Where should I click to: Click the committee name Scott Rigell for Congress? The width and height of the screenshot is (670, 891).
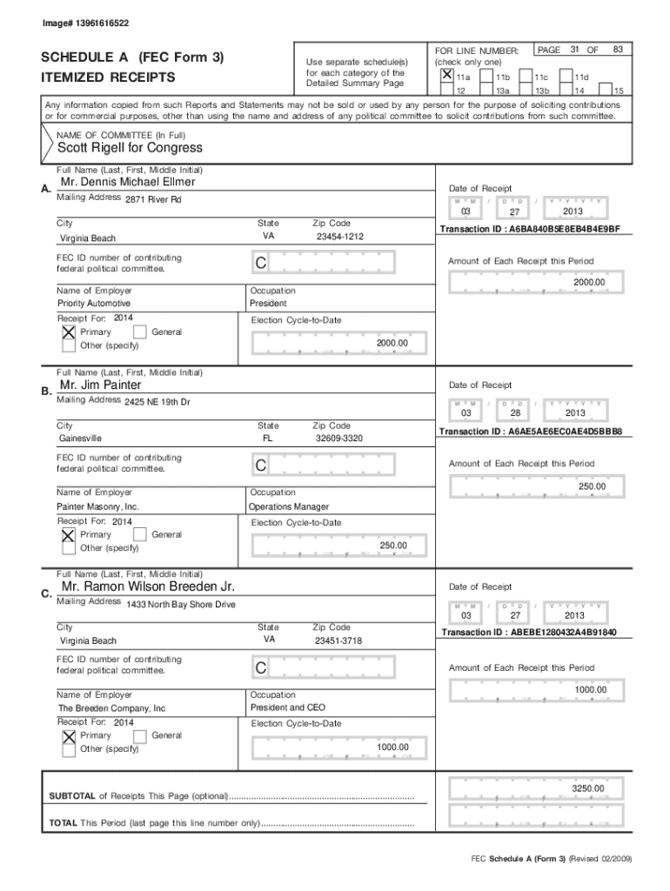tap(129, 148)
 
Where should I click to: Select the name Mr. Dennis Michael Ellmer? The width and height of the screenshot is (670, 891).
tap(128, 183)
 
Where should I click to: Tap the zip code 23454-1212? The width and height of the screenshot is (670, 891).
tap(339, 237)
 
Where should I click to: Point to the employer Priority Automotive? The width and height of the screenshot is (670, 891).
tap(93, 305)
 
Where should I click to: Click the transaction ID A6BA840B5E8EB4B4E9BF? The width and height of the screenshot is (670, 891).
tap(529, 229)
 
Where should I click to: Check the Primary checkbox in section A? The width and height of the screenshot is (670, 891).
tap(68, 332)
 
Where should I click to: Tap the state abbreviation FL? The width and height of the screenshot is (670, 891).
tap(268, 439)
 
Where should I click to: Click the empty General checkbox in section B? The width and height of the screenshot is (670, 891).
tap(139, 534)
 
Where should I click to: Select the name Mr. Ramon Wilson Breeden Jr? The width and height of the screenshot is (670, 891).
tap(148, 586)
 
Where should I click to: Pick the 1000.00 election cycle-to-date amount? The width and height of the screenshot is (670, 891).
tap(392, 747)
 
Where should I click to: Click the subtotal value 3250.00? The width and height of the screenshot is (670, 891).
tap(587, 788)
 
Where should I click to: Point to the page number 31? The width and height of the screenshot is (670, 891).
tap(575, 51)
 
